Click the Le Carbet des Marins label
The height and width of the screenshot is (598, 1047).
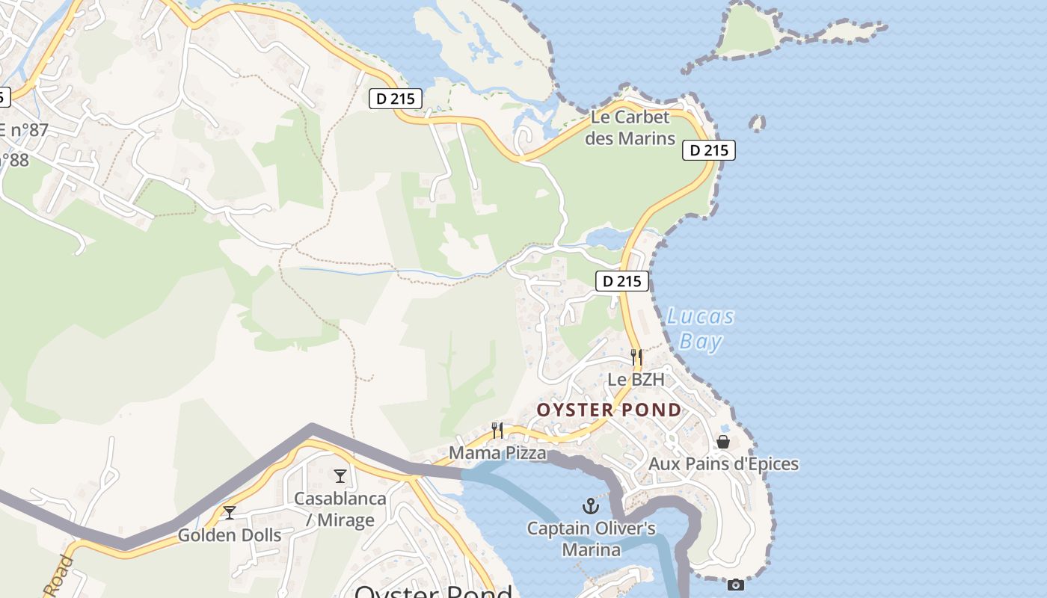coord(630,128)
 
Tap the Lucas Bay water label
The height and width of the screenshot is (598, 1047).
coord(701,329)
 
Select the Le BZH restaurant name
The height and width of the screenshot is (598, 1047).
coord(636,380)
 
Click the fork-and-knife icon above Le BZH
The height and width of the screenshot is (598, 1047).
coord(636,357)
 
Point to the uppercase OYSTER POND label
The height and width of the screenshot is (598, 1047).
coord(610,410)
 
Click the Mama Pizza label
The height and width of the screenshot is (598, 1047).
coord(497,453)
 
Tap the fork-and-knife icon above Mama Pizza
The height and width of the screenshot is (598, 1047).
coord(497,430)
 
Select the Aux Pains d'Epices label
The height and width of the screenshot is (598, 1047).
coord(723,464)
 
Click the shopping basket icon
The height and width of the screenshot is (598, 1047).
coord(723,442)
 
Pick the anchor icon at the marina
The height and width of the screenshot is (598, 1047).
coord(592,506)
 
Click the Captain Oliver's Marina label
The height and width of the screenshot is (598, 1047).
coord(592,539)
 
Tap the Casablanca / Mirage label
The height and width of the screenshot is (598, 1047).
coord(340,509)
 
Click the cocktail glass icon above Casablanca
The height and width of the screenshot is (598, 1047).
coord(340,475)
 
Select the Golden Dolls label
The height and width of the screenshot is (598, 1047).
coord(230,535)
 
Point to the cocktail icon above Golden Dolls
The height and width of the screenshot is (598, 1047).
coord(230,512)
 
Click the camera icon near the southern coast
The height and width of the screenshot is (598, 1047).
coord(736,585)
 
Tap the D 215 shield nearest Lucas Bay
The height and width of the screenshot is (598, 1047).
coord(622,281)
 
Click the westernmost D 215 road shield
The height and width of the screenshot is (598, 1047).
coord(396,98)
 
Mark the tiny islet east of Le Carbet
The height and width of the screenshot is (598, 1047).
coord(758,123)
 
